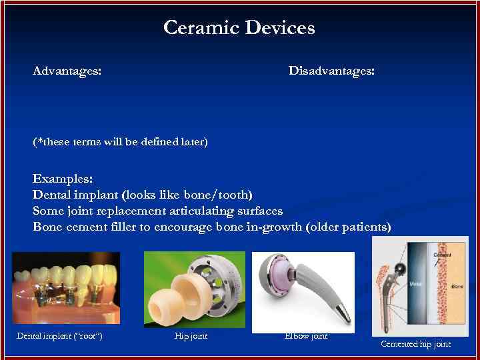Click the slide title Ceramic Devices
239,28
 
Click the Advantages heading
67,71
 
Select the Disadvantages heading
331,71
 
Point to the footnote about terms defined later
120,142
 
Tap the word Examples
63,179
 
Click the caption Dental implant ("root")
59,335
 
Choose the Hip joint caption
191,335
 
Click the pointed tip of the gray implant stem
343,313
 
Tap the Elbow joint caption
305,335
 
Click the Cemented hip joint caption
415,344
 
